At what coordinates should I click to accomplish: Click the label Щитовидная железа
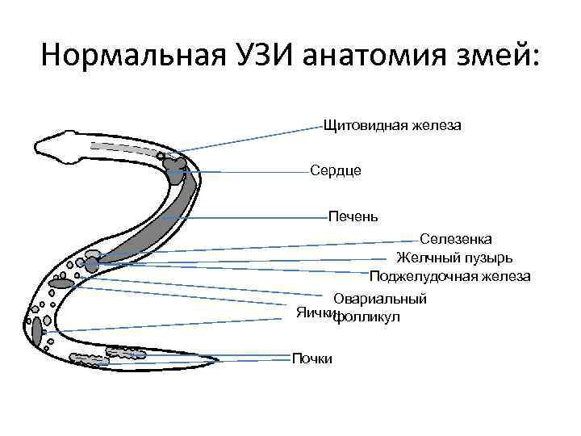(391, 126)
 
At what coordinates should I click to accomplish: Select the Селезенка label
(458, 239)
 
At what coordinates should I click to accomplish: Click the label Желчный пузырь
(454, 258)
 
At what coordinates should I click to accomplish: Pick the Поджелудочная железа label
(449, 276)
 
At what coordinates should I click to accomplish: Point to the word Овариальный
(380, 299)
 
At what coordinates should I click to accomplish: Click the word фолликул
(368, 317)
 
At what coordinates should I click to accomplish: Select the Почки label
(312, 358)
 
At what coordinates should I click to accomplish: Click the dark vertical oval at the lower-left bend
(37, 329)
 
